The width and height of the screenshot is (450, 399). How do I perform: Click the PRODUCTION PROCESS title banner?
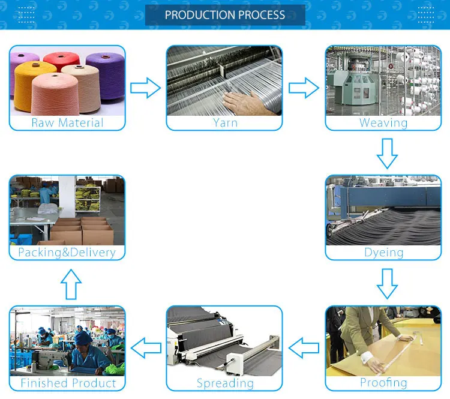click(225, 15)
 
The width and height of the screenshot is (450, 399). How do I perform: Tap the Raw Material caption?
click(67, 123)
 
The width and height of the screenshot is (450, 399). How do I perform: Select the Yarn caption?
click(225, 123)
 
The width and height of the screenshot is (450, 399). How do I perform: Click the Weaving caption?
click(383, 123)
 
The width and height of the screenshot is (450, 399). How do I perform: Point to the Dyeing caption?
click(383, 253)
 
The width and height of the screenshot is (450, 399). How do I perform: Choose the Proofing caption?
click(383, 383)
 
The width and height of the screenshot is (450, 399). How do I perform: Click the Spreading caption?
click(225, 383)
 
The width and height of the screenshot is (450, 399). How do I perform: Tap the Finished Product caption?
click(68, 383)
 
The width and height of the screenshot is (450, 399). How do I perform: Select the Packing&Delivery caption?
click(67, 253)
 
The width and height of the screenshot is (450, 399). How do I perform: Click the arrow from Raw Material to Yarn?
click(146, 88)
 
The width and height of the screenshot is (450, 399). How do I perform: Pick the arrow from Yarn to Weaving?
click(304, 88)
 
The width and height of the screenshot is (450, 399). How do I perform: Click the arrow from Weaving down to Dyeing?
click(387, 153)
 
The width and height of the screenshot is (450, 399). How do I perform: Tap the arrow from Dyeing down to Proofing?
click(387, 283)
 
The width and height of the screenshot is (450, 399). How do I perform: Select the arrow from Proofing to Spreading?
click(304, 346)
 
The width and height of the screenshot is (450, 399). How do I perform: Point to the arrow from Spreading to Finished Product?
click(146, 346)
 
